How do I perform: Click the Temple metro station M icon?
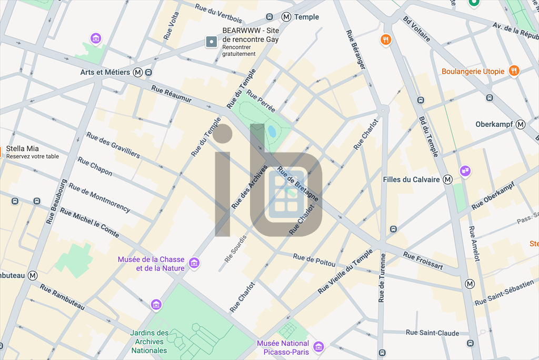coord(287,17)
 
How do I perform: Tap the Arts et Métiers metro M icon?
coord(138,72)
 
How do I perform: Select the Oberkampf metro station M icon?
coord(521,124)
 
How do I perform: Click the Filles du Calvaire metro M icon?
coord(447,179)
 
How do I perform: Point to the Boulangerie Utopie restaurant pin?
coord(514,71)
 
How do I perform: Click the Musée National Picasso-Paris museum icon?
coord(318,346)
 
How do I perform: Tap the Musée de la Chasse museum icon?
coord(194,263)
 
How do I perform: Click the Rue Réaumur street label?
coord(171,95)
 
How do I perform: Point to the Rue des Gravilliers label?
coord(113,145)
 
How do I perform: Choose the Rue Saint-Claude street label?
coord(432,333)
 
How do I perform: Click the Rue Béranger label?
coord(356,49)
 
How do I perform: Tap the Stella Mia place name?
coord(22,148)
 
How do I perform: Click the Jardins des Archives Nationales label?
coord(149,342)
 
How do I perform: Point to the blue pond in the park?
coord(272,131)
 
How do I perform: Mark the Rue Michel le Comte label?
coord(89,223)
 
